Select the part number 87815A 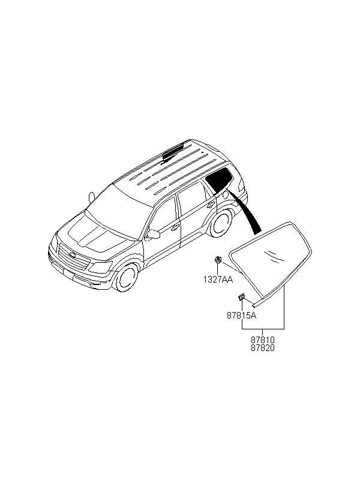(x=241, y=314)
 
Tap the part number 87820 (x=262, y=348)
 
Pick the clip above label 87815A (x=241, y=297)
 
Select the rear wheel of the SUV (x=223, y=223)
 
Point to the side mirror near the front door (x=153, y=233)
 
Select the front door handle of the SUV (x=175, y=227)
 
